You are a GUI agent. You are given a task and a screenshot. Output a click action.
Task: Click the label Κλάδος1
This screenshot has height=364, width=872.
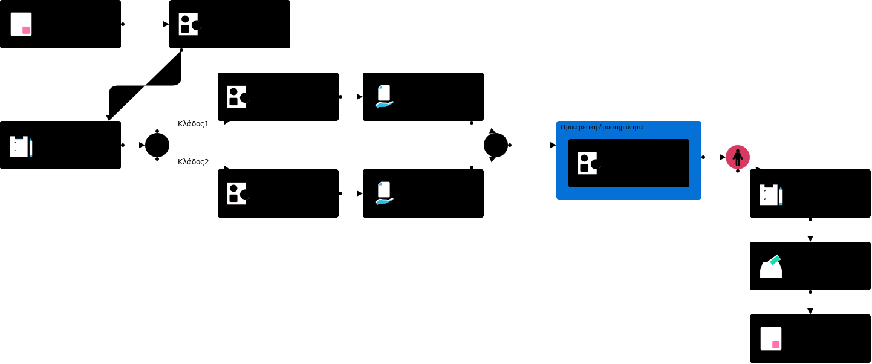[x=193, y=124]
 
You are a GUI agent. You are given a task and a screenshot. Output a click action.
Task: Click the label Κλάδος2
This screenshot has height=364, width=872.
[x=193, y=162]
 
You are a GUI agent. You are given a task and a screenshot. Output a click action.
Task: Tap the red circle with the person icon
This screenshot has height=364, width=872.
[x=737, y=157]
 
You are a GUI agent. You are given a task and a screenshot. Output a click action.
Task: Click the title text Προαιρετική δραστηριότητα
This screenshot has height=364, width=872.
[x=602, y=128]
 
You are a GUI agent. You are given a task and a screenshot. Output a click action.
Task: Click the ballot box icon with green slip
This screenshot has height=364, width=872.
[x=771, y=267]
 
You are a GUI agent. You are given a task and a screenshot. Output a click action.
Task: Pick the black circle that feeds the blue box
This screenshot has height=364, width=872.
[x=495, y=145]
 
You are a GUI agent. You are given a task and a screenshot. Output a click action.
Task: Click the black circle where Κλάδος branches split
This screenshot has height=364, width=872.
[x=157, y=145]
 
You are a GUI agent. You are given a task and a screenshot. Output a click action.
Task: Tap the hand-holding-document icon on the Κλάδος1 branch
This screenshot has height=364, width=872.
[x=384, y=97]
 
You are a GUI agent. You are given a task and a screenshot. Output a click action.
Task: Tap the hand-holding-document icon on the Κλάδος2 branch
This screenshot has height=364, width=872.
[x=384, y=193]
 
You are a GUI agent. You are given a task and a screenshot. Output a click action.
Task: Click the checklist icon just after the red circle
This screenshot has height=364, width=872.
[x=769, y=195]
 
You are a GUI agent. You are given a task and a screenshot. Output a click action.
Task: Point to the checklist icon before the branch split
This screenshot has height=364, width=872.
[x=19, y=146]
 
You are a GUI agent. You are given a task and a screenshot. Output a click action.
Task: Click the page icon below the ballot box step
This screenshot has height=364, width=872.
[x=771, y=339]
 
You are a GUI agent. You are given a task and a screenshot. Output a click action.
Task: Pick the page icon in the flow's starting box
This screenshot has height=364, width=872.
[x=21, y=24]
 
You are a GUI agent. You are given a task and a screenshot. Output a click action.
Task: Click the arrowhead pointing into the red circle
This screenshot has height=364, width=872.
[x=723, y=157]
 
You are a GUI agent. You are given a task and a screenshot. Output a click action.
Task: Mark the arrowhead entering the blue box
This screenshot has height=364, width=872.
[x=553, y=145]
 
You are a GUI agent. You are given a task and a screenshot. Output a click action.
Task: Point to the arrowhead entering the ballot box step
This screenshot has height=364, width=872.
[x=810, y=239]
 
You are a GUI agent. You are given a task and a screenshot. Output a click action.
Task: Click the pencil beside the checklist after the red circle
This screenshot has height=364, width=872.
[x=781, y=196]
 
